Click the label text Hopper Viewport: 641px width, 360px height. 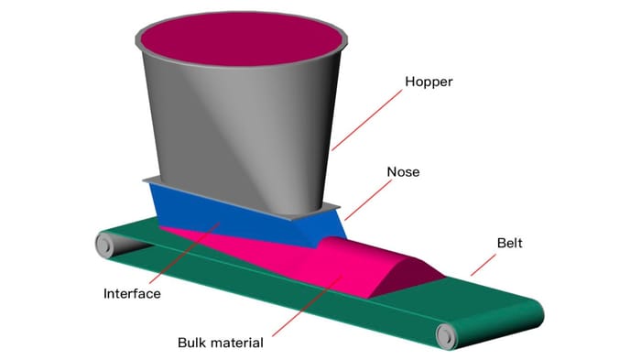tap(429, 82)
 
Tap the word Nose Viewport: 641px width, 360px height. tap(403, 171)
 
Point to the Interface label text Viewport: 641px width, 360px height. tap(133, 294)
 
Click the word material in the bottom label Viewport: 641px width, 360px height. tap(237, 344)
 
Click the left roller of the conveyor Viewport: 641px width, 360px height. tap(103, 244)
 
